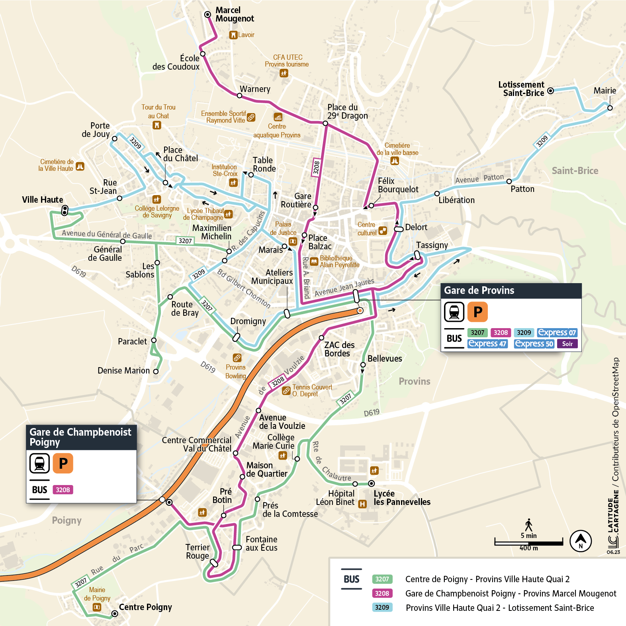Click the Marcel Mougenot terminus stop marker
[x=207, y=14]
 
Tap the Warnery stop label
[x=255, y=89]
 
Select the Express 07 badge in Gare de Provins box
[x=557, y=333]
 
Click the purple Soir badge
[x=567, y=344]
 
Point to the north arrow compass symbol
[x=581, y=541]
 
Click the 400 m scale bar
[x=529, y=542]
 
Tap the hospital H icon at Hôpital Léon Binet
[x=362, y=504]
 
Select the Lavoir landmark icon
[x=233, y=35]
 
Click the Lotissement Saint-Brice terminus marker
[x=550, y=91]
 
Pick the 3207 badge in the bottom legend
[x=382, y=579]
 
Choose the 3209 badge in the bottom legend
[x=382, y=607]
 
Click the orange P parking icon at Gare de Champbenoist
[x=63, y=464]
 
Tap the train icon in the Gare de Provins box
[x=454, y=312]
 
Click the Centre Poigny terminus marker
[x=115, y=614]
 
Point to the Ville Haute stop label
[x=43, y=200]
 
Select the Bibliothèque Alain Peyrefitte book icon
[x=314, y=262]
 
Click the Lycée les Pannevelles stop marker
[x=371, y=483]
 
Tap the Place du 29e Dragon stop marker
[x=325, y=123]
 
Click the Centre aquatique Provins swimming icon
[x=278, y=117]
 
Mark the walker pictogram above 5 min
[x=529, y=525]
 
